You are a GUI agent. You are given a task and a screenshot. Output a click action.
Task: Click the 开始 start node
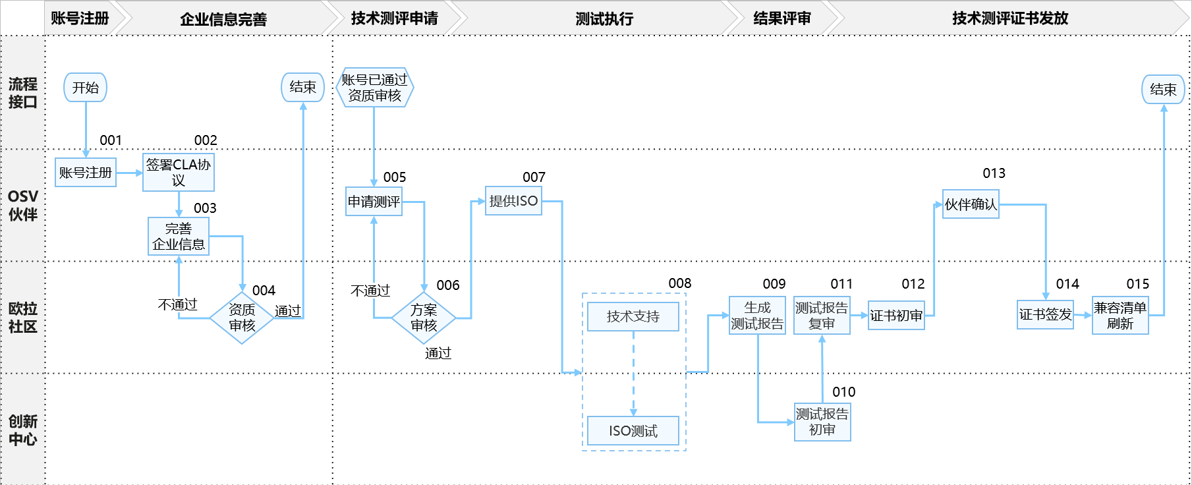tap(85, 88)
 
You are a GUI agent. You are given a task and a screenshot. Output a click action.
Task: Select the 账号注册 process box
tap(86, 173)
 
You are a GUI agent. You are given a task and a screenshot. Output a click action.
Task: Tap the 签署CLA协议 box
tap(179, 172)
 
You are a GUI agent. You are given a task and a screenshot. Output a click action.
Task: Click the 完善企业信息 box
tap(179, 236)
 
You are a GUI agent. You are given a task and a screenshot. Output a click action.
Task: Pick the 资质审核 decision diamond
tap(242, 318)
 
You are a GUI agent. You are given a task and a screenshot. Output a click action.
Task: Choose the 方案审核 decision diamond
tap(424, 318)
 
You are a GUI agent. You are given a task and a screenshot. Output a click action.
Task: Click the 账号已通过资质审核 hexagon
tap(374, 88)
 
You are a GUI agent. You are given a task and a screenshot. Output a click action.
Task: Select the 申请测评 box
tap(374, 202)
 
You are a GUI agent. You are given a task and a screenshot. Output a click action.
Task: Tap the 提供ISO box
tap(513, 201)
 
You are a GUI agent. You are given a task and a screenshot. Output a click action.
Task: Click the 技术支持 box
tap(633, 316)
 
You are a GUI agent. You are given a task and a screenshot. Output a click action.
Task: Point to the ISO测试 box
tap(633, 431)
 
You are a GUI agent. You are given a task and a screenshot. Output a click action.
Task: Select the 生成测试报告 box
tap(757, 316)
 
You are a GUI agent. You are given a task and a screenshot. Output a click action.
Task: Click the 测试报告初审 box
tap(822, 422)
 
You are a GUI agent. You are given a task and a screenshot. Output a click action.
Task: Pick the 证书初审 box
tap(896, 316)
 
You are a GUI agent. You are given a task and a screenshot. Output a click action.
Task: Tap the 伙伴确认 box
tap(971, 204)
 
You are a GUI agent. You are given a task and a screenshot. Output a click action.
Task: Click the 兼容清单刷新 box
tap(1120, 316)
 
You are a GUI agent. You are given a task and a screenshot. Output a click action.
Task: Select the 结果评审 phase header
tap(782, 18)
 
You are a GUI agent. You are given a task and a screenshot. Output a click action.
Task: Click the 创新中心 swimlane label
tap(22, 430)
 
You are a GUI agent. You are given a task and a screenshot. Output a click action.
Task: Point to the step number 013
tap(994, 173)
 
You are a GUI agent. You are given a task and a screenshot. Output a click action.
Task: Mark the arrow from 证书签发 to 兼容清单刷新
tap(1083, 315)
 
